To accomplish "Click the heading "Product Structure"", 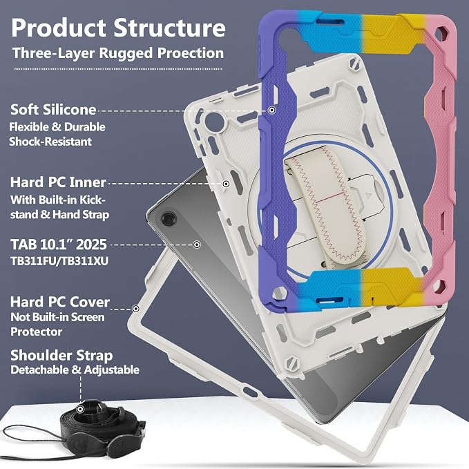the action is click(118, 28).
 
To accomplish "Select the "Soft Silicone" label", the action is click(53, 109).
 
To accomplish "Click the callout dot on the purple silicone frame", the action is click(271, 111).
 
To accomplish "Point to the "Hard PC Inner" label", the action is click(58, 182).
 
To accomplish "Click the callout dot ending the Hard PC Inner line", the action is click(226, 184).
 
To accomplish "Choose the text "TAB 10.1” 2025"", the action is click(59, 245).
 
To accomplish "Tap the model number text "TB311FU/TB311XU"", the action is click(59, 261).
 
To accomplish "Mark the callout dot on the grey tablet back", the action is click(197, 245).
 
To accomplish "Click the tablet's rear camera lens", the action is click(169, 219).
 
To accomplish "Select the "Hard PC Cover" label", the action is click(60, 302).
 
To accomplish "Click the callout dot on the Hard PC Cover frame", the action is click(136, 308).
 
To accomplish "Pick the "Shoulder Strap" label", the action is click(61, 355).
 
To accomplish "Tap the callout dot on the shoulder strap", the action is click(80, 409).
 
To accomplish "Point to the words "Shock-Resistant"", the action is click(50, 142).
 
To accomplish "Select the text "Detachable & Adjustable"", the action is click(75, 370).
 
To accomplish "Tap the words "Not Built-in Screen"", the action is click(57, 317).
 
